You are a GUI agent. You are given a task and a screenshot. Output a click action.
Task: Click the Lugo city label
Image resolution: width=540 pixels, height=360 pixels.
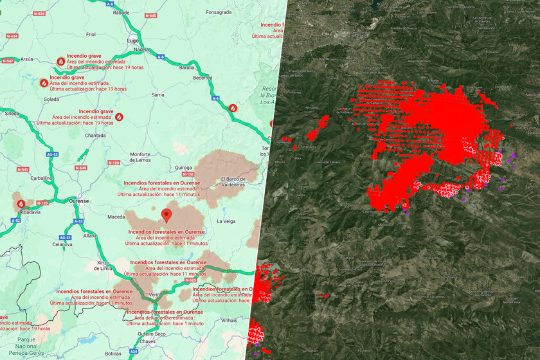click(133, 40)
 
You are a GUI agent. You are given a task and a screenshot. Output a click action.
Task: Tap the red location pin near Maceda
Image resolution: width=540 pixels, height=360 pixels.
click(167, 214)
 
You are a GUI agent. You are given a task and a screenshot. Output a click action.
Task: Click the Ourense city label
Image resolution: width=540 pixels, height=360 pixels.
click(78, 201)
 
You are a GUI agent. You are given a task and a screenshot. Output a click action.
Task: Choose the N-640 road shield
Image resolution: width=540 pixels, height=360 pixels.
click(150, 15)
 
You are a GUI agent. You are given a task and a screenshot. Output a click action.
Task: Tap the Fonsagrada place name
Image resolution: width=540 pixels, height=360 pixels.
click(219, 12)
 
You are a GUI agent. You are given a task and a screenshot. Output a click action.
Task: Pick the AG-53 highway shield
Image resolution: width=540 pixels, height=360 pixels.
click(53, 155)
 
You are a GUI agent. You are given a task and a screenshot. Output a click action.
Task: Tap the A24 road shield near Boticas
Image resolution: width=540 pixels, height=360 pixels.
click(134, 352)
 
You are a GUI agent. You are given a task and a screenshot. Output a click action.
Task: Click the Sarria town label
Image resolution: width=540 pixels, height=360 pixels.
click(158, 94)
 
